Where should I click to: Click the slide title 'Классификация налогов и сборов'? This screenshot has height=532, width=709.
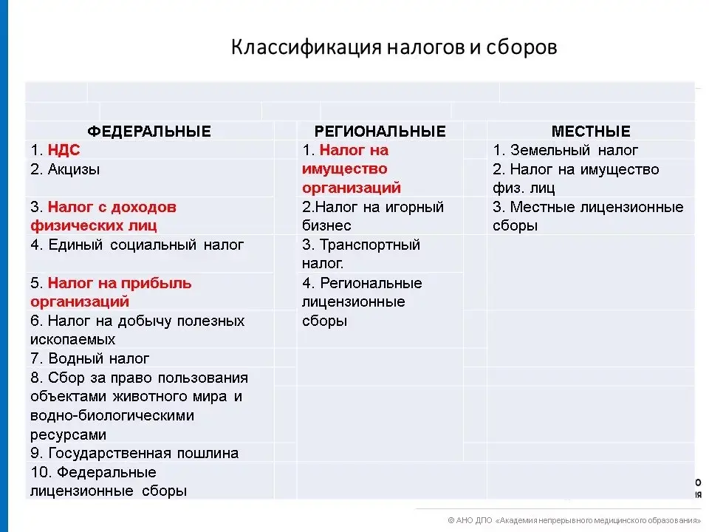click(x=394, y=47)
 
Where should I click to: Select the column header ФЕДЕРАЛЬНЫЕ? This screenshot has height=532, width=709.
click(x=149, y=132)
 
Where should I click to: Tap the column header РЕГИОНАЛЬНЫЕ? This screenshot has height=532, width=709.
click(x=380, y=132)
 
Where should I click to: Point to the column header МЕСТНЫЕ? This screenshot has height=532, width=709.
click(x=591, y=132)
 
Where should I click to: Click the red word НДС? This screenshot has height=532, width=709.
click(x=64, y=150)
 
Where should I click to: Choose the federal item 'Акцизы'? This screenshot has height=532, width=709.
click(x=74, y=170)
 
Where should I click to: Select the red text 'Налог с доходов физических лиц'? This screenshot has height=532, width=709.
click(x=103, y=216)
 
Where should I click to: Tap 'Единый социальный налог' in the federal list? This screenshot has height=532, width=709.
click(x=146, y=245)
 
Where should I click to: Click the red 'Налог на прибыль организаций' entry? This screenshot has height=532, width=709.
click(x=111, y=293)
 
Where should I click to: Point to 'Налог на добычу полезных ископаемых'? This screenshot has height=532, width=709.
click(x=137, y=330)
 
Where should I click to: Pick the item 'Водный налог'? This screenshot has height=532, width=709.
click(x=98, y=358)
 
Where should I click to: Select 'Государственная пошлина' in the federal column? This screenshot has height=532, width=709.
click(x=143, y=453)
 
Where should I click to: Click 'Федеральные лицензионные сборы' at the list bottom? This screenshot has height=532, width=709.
click(x=109, y=481)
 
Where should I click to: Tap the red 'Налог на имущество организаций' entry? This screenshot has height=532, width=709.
click(x=352, y=168)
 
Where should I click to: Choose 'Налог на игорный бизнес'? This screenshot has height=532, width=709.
click(x=373, y=216)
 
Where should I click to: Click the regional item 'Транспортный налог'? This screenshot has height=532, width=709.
click(x=361, y=253)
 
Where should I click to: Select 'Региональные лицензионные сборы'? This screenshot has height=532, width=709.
click(x=362, y=301)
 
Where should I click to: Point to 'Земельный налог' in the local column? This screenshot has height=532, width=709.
click(x=575, y=150)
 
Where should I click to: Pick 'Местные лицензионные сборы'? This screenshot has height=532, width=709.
click(x=588, y=216)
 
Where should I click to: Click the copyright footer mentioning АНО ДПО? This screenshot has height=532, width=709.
click(x=574, y=520)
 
